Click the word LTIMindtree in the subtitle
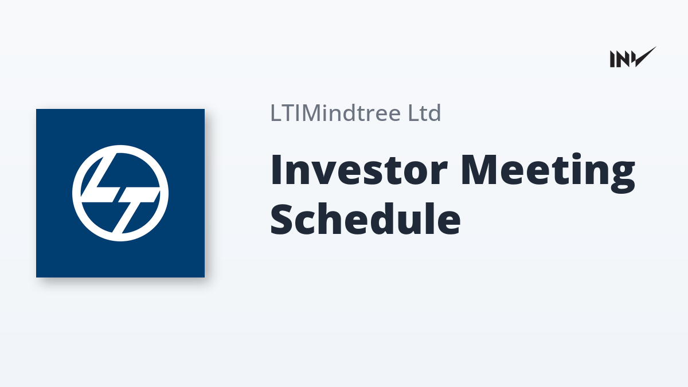coord(335,113)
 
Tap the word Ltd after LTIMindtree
coord(424,113)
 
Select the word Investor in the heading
coord(358,170)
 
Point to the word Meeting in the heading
coord(548,173)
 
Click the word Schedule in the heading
coord(365,218)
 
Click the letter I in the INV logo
coord(612,59)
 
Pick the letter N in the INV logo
coord(622,59)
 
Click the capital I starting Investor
coord(276,170)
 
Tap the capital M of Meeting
coord(479,170)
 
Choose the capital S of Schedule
coord(282,218)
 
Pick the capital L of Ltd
coord(413,113)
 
